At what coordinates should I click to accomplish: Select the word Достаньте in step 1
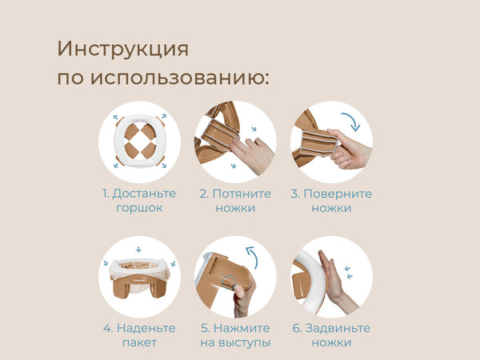(x=145, y=194)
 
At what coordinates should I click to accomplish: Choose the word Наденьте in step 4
(x=146, y=328)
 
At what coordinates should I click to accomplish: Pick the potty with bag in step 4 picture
(x=139, y=280)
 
